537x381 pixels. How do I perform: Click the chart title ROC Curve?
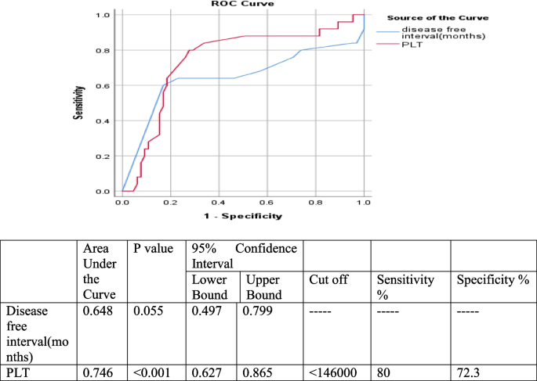tap(241, 4)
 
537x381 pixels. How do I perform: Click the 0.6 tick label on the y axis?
tap(103, 85)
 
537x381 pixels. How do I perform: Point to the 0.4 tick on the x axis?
tap(219, 202)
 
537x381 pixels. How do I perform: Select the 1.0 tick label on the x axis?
tap(364, 202)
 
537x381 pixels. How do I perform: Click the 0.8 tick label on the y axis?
tap(103, 50)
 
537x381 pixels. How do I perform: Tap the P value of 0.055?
tap(146, 311)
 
